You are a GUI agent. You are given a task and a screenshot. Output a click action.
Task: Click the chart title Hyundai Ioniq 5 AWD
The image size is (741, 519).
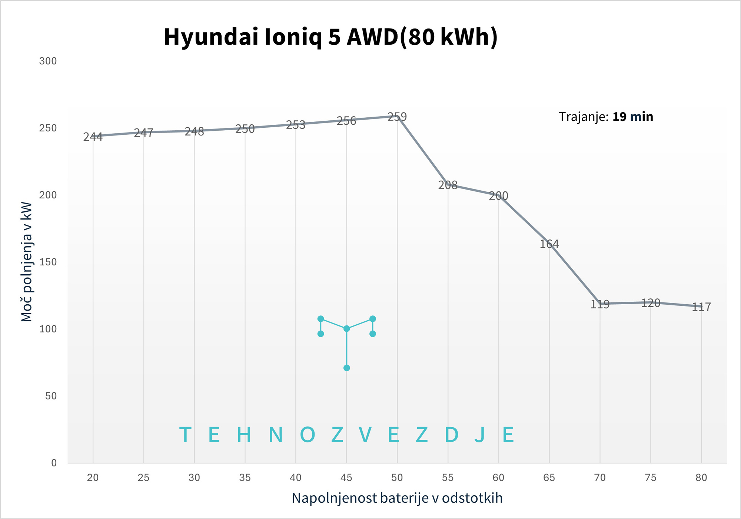tap(330, 37)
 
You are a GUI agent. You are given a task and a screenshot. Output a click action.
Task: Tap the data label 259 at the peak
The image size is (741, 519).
tap(397, 117)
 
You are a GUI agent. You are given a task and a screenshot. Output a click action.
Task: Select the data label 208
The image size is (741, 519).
tap(448, 185)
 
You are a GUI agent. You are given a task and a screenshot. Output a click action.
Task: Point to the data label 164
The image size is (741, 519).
tap(549, 244)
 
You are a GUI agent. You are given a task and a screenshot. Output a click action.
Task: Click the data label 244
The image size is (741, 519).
tap(93, 137)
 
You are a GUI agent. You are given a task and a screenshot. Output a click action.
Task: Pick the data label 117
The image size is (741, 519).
tap(701, 307)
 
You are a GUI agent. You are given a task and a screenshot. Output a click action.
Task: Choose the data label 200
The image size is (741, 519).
tap(498, 196)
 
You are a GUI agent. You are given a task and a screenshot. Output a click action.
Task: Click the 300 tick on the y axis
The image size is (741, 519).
tap(48, 61)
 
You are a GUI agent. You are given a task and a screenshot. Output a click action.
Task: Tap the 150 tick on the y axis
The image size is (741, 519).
tap(48, 262)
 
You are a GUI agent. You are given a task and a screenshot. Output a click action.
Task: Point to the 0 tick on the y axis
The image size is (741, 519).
tap(54, 463)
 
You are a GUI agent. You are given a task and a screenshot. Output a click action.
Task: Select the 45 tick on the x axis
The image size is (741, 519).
tap(346, 478)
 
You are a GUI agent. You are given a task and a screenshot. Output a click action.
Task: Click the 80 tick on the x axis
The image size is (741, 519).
tap(701, 478)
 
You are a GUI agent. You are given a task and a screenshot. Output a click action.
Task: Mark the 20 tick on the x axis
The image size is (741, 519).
tap(93, 478)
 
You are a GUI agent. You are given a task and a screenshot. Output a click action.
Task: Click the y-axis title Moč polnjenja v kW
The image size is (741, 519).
tap(27, 262)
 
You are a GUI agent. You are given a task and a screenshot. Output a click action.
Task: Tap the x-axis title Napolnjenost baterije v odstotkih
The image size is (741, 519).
tap(397, 498)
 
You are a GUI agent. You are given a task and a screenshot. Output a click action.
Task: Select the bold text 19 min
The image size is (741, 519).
tap(632, 117)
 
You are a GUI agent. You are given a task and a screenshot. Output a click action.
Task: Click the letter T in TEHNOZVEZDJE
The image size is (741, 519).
tap(185, 435)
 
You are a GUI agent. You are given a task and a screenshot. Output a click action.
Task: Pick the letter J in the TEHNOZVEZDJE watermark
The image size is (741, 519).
tap(479, 435)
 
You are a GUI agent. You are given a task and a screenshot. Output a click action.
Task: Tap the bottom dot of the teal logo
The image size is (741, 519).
tap(346, 368)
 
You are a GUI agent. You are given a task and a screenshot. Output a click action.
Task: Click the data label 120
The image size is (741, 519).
tap(651, 303)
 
